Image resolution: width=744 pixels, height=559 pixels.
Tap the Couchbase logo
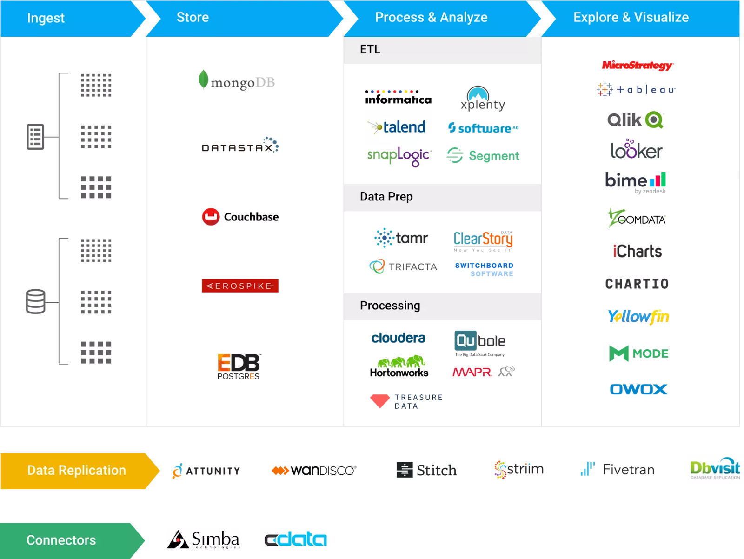pyautogui.click(x=240, y=217)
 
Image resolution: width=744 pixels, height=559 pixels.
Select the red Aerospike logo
pyautogui.click(x=240, y=286)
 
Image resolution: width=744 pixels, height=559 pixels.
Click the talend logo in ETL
pyautogui.click(x=398, y=127)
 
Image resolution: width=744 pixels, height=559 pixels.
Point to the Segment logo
pyautogui.click(x=483, y=156)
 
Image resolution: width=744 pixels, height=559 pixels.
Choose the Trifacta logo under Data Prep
pyautogui.click(x=403, y=266)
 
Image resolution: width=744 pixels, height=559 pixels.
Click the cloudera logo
pyautogui.click(x=399, y=338)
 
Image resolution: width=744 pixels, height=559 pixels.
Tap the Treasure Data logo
pyautogui.click(x=405, y=401)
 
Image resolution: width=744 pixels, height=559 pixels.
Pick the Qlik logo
pyautogui.click(x=635, y=120)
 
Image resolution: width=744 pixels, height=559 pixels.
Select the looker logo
pyautogui.click(x=636, y=150)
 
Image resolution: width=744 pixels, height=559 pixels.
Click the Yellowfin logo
pyautogui.click(x=638, y=317)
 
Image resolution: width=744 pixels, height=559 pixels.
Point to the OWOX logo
pyautogui.click(x=638, y=389)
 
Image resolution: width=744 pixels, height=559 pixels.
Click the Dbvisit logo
pyautogui.click(x=715, y=469)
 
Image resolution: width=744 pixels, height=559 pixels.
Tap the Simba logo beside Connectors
pyautogui.click(x=204, y=539)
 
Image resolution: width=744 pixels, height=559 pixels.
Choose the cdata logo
pyautogui.click(x=296, y=539)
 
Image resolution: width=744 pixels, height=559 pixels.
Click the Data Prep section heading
pyautogui.click(x=386, y=197)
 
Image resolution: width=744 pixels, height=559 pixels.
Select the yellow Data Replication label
pyautogui.click(x=76, y=470)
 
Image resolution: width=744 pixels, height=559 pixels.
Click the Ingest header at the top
pyautogui.click(x=46, y=18)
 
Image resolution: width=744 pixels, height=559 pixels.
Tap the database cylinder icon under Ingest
pyautogui.click(x=35, y=301)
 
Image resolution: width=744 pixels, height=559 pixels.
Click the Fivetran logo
pyautogui.click(x=618, y=469)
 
